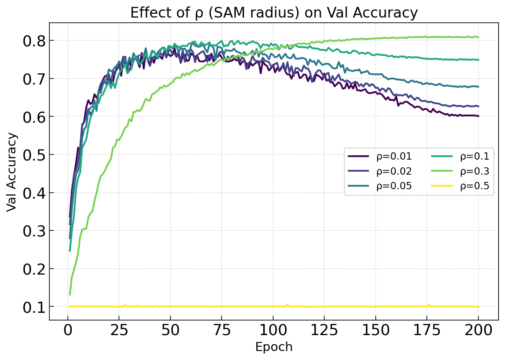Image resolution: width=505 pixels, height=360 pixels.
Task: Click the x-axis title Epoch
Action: [274, 347]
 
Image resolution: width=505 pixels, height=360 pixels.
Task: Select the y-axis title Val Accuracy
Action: [12, 172]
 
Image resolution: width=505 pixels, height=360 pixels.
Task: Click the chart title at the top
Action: [274, 13]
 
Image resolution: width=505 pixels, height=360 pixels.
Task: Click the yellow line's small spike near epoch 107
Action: [287, 305]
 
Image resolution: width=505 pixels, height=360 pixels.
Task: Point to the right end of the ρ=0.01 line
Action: [478, 116]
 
